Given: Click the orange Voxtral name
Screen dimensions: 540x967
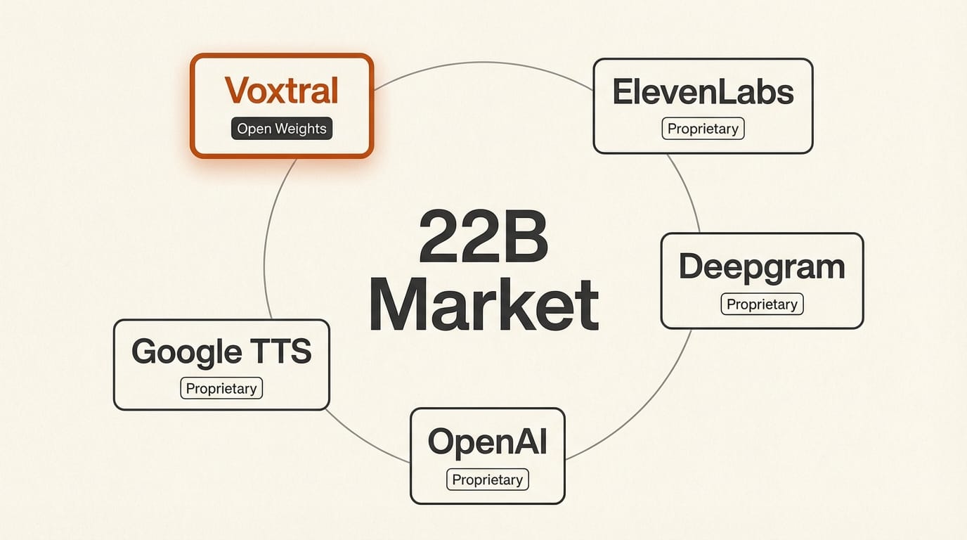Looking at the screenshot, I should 281,91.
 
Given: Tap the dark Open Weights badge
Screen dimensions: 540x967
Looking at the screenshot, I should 281,129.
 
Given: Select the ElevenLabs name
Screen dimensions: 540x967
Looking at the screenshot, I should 703,93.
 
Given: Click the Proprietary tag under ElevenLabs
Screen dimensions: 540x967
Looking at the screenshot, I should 703,129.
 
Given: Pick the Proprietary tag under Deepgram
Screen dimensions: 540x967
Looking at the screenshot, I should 762,304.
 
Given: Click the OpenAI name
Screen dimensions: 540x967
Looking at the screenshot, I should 487,442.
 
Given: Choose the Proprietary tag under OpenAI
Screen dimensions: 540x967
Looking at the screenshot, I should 487,480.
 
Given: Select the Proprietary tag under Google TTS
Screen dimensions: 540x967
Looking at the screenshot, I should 221,388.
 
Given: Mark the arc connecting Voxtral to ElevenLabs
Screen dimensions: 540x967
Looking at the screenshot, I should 485,63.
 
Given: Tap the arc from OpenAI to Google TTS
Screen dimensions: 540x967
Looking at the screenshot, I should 365,439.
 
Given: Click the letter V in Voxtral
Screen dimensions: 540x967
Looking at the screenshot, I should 236,91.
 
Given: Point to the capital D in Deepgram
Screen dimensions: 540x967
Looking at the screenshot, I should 692,266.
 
